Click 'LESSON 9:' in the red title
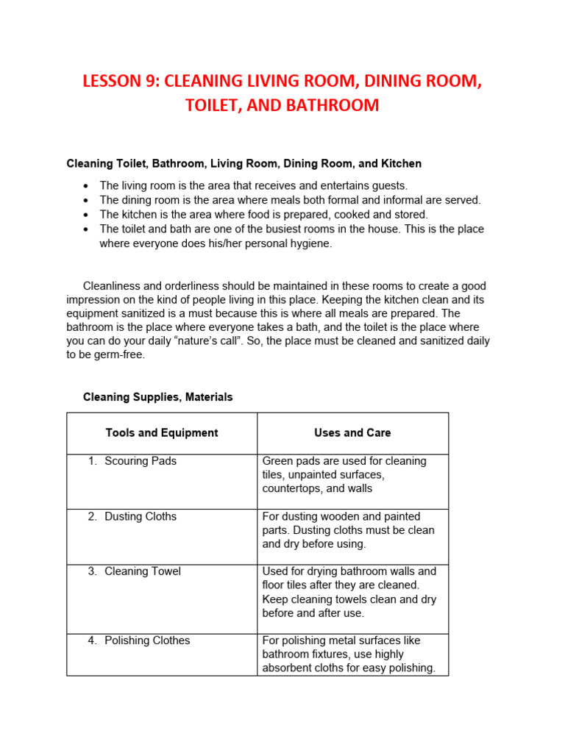121,81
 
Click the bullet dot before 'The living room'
87,186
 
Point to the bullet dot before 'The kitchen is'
87,215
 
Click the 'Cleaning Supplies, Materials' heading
157,397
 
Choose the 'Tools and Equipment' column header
162,433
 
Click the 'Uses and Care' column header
352,433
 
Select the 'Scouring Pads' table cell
141,461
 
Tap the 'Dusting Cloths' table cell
141,516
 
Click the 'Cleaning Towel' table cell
143,571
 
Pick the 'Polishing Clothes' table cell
147,640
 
